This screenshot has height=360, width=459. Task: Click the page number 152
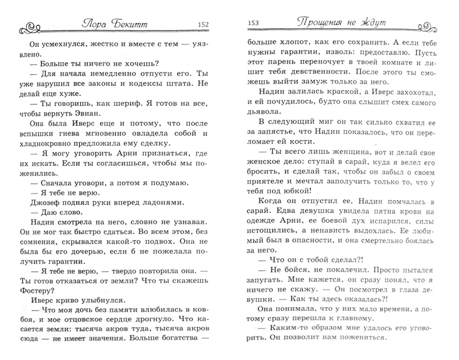tap(203, 24)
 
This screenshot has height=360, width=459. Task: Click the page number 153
tap(253, 23)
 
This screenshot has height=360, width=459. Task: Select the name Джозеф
tap(44, 202)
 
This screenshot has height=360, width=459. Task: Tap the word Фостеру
tap(37, 290)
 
